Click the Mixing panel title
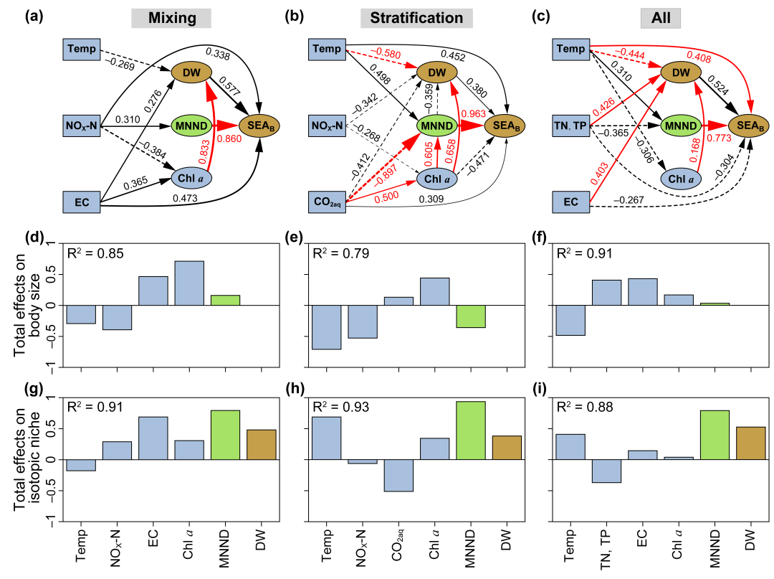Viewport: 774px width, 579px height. pyautogui.click(x=171, y=17)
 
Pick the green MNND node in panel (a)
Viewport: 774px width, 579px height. pyautogui.click(x=191, y=126)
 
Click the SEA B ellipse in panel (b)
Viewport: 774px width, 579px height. pyautogui.click(x=506, y=126)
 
